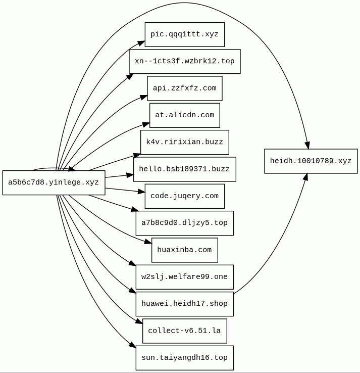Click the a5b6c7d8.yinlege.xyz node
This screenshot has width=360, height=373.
pyautogui.click(x=54, y=182)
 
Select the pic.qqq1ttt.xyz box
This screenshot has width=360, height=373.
pyautogui.click(x=184, y=34)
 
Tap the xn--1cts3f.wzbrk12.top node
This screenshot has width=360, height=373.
pyautogui.click(x=184, y=61)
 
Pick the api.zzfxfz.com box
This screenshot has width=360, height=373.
pyautogui.click(x=184, y=88)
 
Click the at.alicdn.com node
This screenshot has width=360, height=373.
pyautogui.click(x=184, y=115)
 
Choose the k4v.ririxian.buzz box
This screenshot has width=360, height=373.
pyautogui.click(x=184, y=142)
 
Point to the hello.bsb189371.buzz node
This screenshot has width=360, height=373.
pyautogui.click(x=184, y=169)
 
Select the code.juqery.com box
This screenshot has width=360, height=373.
pyautogui.click(x=184, y=196)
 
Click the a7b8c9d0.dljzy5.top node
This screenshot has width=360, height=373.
pyautogui.click(x=184, y=223)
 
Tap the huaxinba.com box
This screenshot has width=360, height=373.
pyautogui.click(x=184, y=250)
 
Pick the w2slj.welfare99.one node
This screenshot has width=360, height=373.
pyautogui.click(x=184, y=277)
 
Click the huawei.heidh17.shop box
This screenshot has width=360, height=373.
pyautogui.click(x=184, y=304)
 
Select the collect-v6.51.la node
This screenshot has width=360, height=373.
pyautogui.click(x=184, y=331)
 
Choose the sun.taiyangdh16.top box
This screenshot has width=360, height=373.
pyautogui.click(x=184, y=358)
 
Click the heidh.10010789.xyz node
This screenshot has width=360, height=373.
pyautogui.click(x=311, y=161)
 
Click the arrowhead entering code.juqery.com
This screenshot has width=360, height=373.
pyautogui.click(x=141, y=192)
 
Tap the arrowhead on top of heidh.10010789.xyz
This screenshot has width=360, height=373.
pyautogui.click(x=307, y=145)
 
